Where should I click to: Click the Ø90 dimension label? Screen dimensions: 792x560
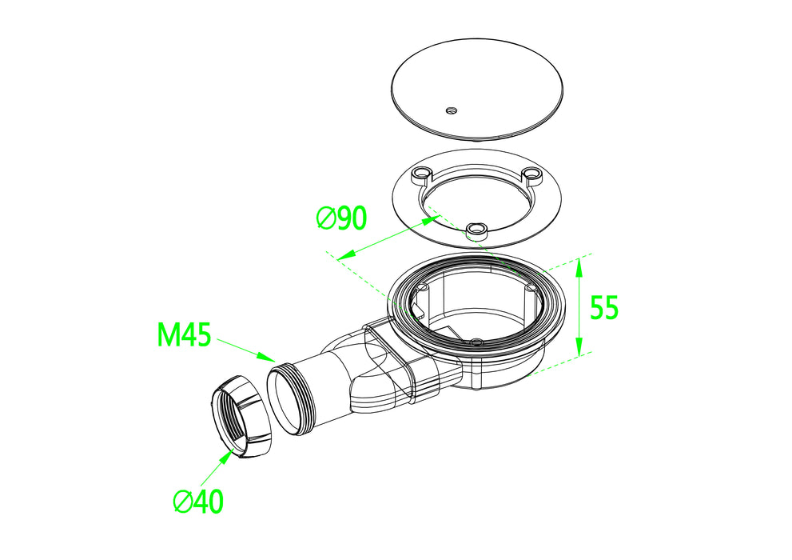coord(341,218)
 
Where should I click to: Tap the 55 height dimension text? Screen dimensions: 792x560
coord(604,307)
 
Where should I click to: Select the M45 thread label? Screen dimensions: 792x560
coord(184,334)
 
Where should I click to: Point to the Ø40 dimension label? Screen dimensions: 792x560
coord(198,502)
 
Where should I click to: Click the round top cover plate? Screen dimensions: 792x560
coord(477,90)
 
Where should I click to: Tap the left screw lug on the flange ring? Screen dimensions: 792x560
coord(420,175)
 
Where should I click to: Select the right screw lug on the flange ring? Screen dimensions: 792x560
coord(531,174)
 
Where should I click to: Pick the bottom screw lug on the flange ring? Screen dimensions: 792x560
coord(476,231)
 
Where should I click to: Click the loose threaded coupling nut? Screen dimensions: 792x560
coord(241,418)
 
